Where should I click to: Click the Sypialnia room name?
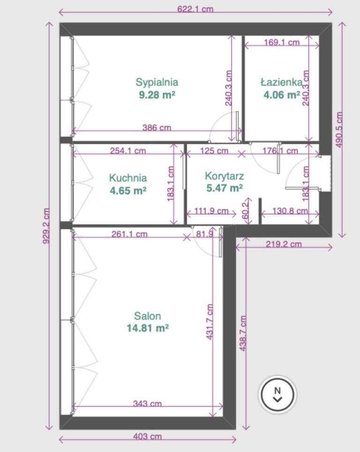(157, 82)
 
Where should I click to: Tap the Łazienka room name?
(282, 82)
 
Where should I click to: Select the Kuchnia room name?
(128, 178)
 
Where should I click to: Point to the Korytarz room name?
(225, 176)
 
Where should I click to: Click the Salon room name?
(147, 316)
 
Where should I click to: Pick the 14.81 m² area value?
(148, 328)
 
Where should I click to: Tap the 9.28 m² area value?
(157, 95)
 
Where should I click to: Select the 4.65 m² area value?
(128, 191)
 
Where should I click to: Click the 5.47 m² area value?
(225, 188)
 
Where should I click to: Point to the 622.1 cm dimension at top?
(195, 9)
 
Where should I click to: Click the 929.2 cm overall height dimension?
(46, 226)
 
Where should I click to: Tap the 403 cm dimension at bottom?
(147, 437)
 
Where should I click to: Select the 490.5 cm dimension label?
(339, 130)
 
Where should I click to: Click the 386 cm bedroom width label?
(157, 127)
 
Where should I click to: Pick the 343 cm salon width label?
(147, 403)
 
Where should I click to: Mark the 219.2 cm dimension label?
(284, 244)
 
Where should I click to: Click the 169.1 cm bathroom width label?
(282, 42)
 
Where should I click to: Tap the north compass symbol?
(277, 394)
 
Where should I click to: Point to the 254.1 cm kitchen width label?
(128, 150)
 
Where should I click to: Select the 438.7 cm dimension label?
(243, 333)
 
